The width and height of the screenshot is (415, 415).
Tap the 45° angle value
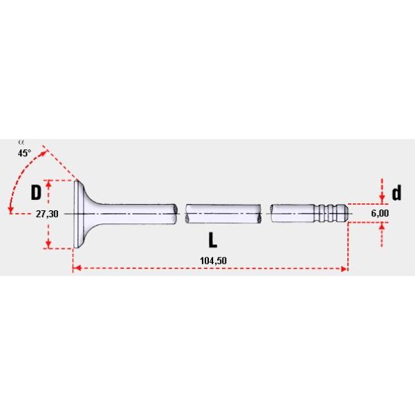(25, 153)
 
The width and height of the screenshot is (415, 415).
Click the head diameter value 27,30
(47, 214)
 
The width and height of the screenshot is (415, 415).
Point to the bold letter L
(214, 239)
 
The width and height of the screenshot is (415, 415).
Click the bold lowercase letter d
(396, 193)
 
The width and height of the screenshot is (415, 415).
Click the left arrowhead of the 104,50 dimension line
(77, 268)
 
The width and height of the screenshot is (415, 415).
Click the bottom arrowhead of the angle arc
(10, 209)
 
